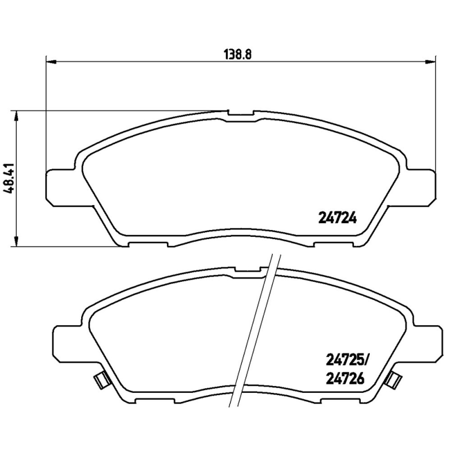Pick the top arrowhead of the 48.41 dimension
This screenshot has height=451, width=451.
point(17,114)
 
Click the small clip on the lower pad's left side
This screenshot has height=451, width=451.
point(100,381)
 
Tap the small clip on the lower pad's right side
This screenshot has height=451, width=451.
point(393,381)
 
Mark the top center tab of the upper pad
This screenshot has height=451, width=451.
point(241,114)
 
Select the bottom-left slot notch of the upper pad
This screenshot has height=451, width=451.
point(148,244)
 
